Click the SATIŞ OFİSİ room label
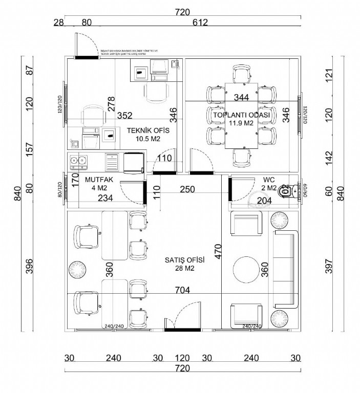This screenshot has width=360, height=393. [185, 259]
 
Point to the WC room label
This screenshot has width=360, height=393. [269, 180]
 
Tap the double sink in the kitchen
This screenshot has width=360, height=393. [78, 161]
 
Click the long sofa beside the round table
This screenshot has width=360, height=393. [286, 269]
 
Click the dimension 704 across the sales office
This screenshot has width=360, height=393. [182, 290]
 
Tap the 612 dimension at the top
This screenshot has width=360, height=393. [200, 23]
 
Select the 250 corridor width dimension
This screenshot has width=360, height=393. [187, 189]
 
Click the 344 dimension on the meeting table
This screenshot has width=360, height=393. [241, 97]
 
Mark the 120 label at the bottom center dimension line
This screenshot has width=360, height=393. [182, 358]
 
